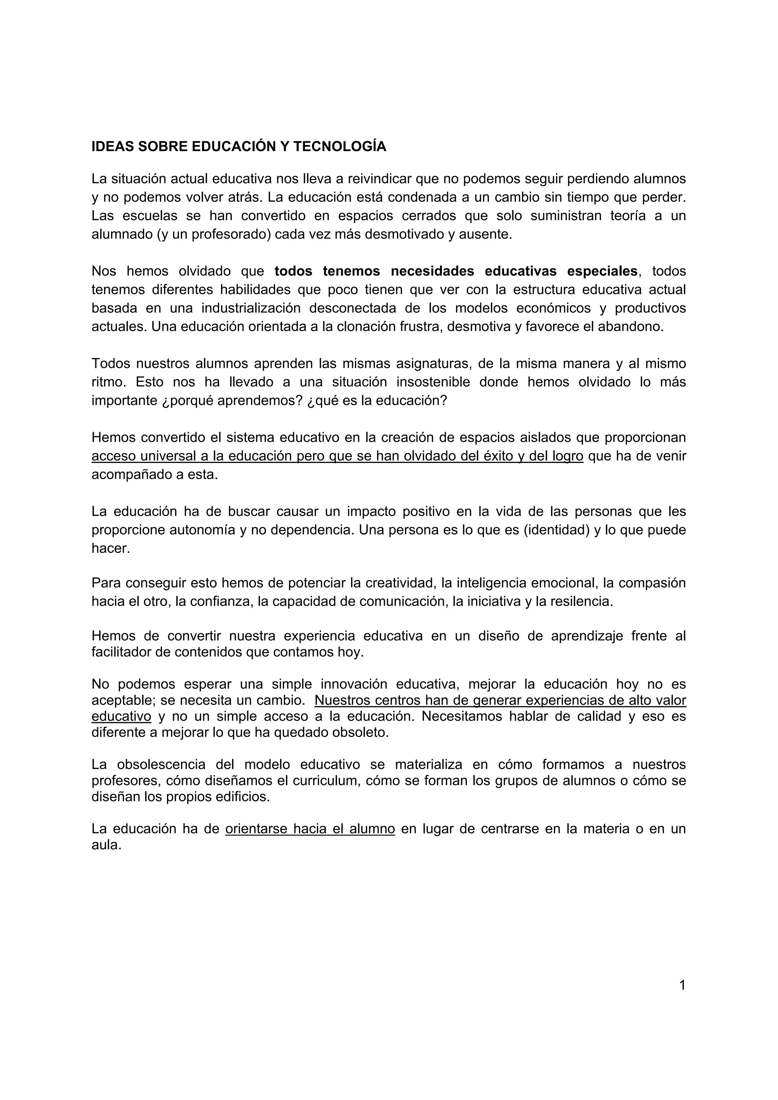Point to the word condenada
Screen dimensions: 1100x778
422,197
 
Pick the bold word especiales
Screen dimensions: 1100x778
602,271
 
